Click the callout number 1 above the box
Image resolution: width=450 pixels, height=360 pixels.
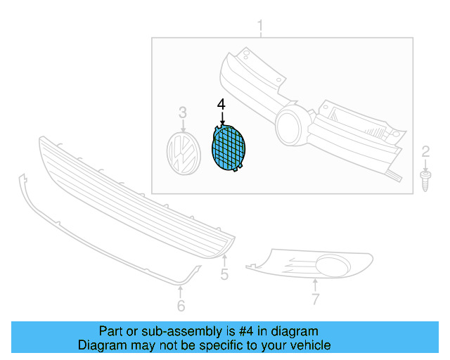pos(260,26)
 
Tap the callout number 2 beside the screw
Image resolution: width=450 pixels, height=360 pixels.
pos(425,151)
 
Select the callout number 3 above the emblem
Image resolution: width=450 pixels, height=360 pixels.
pos(183,112)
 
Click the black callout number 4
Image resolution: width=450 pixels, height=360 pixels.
pos(221,105)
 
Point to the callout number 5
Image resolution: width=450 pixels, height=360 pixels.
pos(224,274)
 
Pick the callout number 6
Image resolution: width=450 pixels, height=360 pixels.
pos(181,305)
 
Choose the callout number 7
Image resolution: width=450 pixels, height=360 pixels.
pos(316,299)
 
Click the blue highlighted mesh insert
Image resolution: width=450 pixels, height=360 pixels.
pos(229,148)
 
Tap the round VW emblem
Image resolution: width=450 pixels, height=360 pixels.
pos(184,153)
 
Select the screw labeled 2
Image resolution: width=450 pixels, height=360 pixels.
pos(425,181)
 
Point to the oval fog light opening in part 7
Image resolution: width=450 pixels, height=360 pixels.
pos(333,266)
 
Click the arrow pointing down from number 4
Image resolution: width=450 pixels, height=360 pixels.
pos(222,118)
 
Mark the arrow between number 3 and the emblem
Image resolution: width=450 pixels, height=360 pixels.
pos(183,126)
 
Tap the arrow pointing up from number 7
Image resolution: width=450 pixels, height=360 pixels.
pos(315,285)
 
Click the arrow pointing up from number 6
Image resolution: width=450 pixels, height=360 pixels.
pos(180,292)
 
